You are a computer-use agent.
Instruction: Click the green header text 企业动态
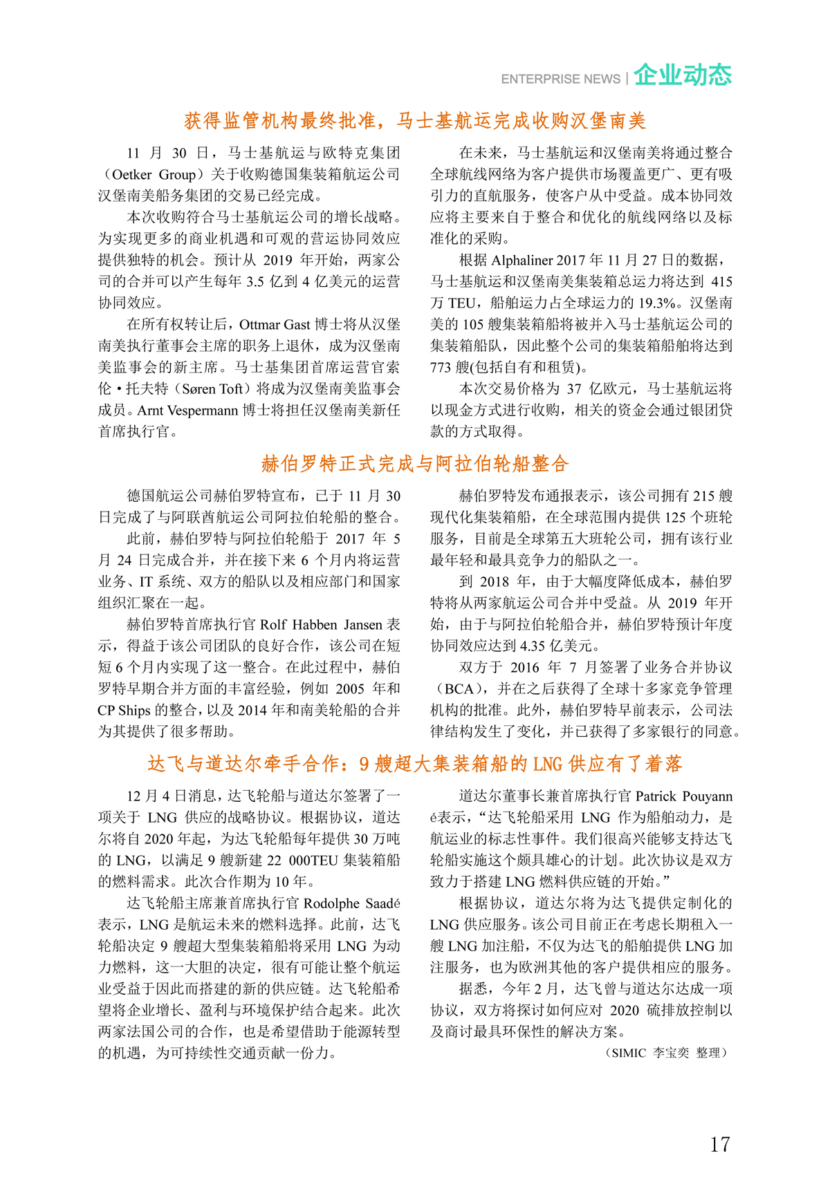coord(682,75)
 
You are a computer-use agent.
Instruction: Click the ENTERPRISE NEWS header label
coord(560,79)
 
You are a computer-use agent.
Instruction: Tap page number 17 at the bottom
coord(719,1144)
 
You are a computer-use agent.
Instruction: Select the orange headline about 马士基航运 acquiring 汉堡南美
coord(415,121)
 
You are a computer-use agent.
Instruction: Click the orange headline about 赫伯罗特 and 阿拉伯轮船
coord(415,464)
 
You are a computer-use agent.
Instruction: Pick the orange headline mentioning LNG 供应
coord(415,764)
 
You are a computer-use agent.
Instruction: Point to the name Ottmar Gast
coord(275,325)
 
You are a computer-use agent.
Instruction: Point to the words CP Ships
coord(124,711)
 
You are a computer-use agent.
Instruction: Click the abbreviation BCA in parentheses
coord(459,689)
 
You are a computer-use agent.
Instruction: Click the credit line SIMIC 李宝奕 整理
coord(667,1053)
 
